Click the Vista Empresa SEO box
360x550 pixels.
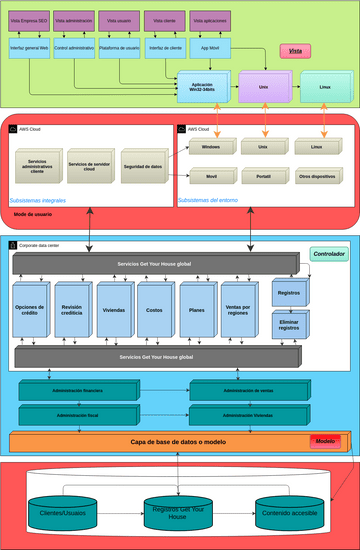[x=29, y=21]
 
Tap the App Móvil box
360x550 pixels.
[x=209, y=47]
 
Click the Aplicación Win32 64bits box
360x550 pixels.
[x=202, y=86]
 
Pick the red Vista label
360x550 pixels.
[x=295, y=50]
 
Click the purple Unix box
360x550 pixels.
[x=263, y=87]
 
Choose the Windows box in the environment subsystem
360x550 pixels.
[x=211, y=147]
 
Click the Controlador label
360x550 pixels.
[x=328, y=254]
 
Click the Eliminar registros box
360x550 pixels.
[x=288, y=324]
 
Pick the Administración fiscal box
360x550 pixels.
[x=77, y=414]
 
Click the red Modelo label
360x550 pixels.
[x=325, y=440]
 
